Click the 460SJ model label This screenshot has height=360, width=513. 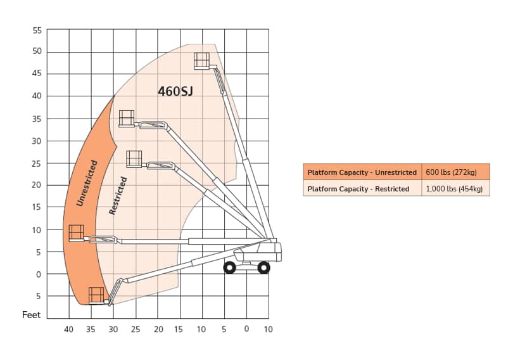point(175,91)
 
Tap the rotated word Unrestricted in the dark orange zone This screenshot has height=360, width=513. point(87,183)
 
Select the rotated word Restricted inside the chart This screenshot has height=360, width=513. point(118,196)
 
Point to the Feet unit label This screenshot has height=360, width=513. point(31,315)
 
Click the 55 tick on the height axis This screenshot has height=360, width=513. point(37,30)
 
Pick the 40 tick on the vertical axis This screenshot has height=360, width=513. point(37,96)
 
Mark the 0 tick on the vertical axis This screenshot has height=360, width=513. point(39,274)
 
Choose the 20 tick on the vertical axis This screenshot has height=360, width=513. point(36,185)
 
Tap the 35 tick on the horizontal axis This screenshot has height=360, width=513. point(91,329)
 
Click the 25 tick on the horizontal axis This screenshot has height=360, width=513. point(136,329)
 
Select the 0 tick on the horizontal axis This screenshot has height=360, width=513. point(247,328)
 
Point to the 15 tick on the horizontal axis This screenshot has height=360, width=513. point(179,329)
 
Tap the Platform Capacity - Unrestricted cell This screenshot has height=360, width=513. point(362,172)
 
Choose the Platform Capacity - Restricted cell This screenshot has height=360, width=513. point(362,188)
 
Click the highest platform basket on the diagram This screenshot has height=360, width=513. point(201,61)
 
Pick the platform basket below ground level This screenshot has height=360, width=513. point(96,295)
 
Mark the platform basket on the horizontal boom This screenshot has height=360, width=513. point(76,233)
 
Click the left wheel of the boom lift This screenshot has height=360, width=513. point(230,267)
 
